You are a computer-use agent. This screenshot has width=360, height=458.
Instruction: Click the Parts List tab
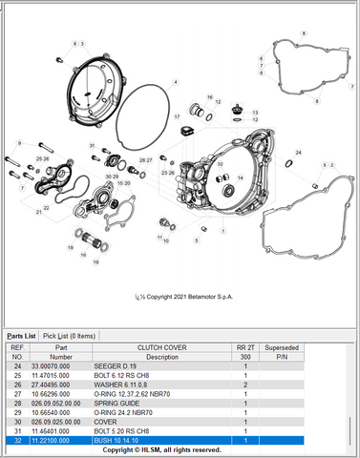[21, 336]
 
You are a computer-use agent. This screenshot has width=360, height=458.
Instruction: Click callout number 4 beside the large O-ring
[175, 83]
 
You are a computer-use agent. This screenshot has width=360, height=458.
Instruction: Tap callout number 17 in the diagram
[177, 115]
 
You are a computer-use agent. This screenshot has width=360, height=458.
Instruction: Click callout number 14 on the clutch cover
[239, 178]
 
